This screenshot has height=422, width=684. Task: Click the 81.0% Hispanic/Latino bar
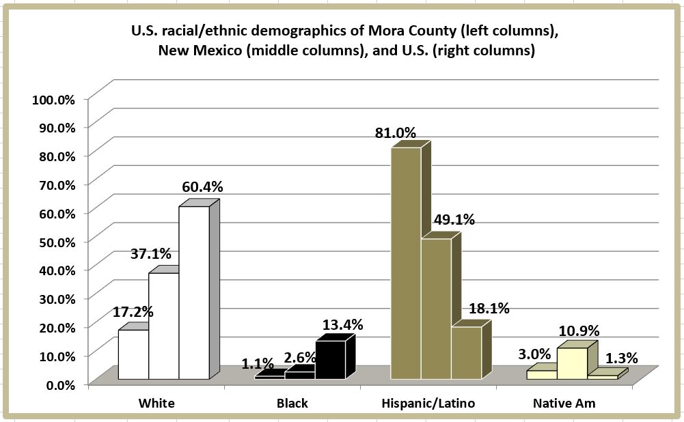coord(405,263)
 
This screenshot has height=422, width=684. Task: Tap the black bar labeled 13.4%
coord(330,360)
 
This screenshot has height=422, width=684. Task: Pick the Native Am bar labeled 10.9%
coord(572,363)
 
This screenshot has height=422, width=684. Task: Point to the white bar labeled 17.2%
coord(133,354)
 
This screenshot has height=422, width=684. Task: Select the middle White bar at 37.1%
coord(163,326)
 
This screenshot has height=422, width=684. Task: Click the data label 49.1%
coord(454,221)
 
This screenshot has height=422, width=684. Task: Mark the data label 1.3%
coord(622,357)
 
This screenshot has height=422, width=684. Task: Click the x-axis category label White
coord(156,403)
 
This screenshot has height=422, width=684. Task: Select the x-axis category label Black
coord(292,403)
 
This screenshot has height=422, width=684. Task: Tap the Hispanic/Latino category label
coord(428,403)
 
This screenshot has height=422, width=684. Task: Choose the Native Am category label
coord(564,403)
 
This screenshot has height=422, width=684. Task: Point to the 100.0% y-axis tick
coord(53,99)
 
